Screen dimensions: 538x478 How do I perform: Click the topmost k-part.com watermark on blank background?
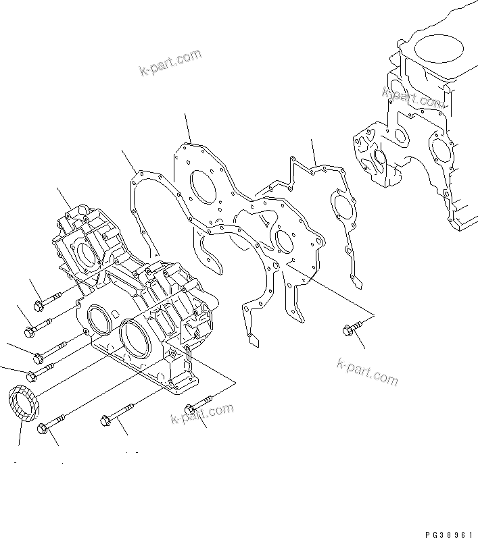coord(170,62)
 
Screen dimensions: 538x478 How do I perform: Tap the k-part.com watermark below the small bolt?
coord(367,371)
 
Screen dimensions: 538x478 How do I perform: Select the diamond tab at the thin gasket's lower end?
coord(252,341)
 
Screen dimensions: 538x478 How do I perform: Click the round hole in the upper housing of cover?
coord(87,254)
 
